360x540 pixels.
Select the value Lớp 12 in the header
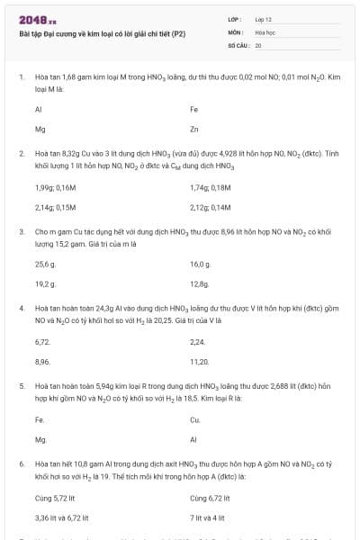263,18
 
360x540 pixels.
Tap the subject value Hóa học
265,31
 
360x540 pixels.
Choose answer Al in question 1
39,109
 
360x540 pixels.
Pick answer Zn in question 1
194,129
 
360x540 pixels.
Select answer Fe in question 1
194,109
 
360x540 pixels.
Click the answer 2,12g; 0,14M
211,207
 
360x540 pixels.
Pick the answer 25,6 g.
45,265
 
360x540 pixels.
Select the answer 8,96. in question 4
42,361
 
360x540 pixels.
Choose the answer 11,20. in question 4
200,361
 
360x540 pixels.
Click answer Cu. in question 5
195,419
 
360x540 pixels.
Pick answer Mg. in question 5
40,439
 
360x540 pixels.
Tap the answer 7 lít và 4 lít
208,517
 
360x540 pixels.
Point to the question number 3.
21,231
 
